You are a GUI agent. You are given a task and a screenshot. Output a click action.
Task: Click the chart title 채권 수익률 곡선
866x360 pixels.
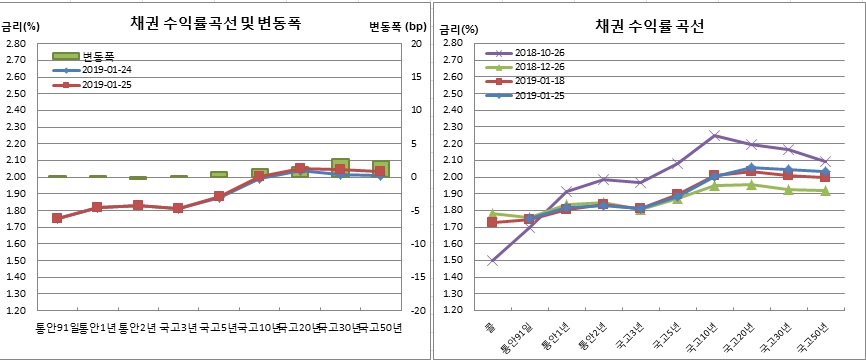[649, 25]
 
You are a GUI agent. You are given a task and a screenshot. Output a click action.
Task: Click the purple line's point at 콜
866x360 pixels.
[491, 261]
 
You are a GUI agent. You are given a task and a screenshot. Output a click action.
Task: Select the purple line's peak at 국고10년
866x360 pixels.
[714, 135]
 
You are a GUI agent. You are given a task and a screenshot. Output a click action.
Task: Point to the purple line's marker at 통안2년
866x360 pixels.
[602, 180]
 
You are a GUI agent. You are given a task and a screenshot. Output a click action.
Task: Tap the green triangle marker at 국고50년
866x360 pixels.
[825, 191]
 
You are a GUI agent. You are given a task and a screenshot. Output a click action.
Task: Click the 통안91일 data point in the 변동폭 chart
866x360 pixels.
[57, 218]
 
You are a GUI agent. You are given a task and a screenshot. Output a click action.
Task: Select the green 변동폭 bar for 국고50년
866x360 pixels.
[381, 168]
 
